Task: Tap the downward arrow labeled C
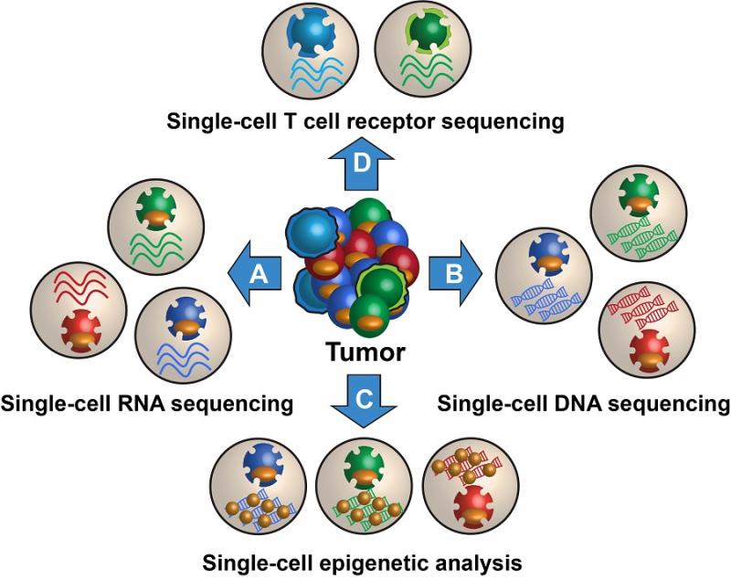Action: click(364, 401)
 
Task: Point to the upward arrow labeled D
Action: click(361, 164)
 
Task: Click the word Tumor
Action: click(365, 353)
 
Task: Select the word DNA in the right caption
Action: click(577, 404)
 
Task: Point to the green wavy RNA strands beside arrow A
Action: click(156, 248)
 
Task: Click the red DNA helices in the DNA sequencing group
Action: click(642, 306)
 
